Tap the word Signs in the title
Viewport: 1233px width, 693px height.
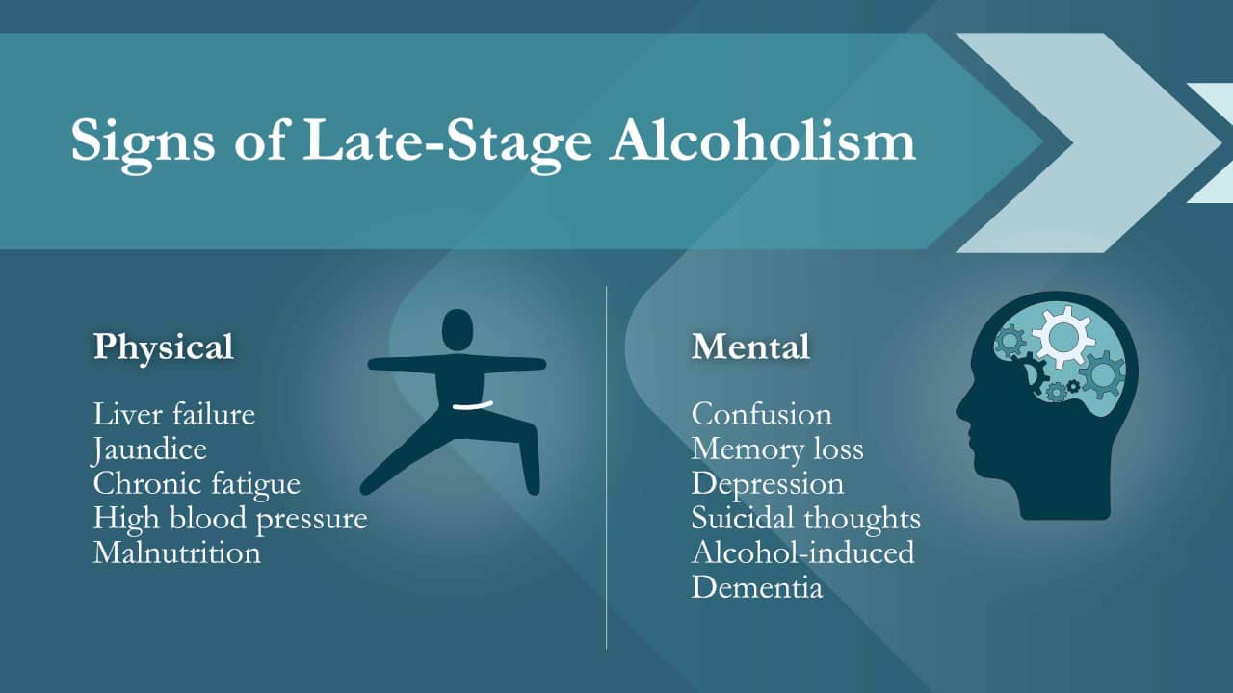(143, 141)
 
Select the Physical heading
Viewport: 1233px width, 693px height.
(163, 346)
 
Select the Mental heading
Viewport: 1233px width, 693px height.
(750, 346)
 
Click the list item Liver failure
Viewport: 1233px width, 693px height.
(174, 414)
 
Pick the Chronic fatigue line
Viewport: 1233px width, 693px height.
(197, 483)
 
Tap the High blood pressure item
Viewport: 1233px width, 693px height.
(230, 518)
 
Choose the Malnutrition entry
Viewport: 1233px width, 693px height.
(176, 552)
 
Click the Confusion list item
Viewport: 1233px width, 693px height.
(761, 414)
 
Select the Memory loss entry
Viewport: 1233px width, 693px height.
(776, 449)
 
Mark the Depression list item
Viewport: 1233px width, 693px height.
(767, 483)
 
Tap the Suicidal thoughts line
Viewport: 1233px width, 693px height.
(805, 518)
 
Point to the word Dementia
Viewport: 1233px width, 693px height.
(757, 587)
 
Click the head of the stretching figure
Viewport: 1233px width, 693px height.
(458, 329)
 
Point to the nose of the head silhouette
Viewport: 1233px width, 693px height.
(960, 412)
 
